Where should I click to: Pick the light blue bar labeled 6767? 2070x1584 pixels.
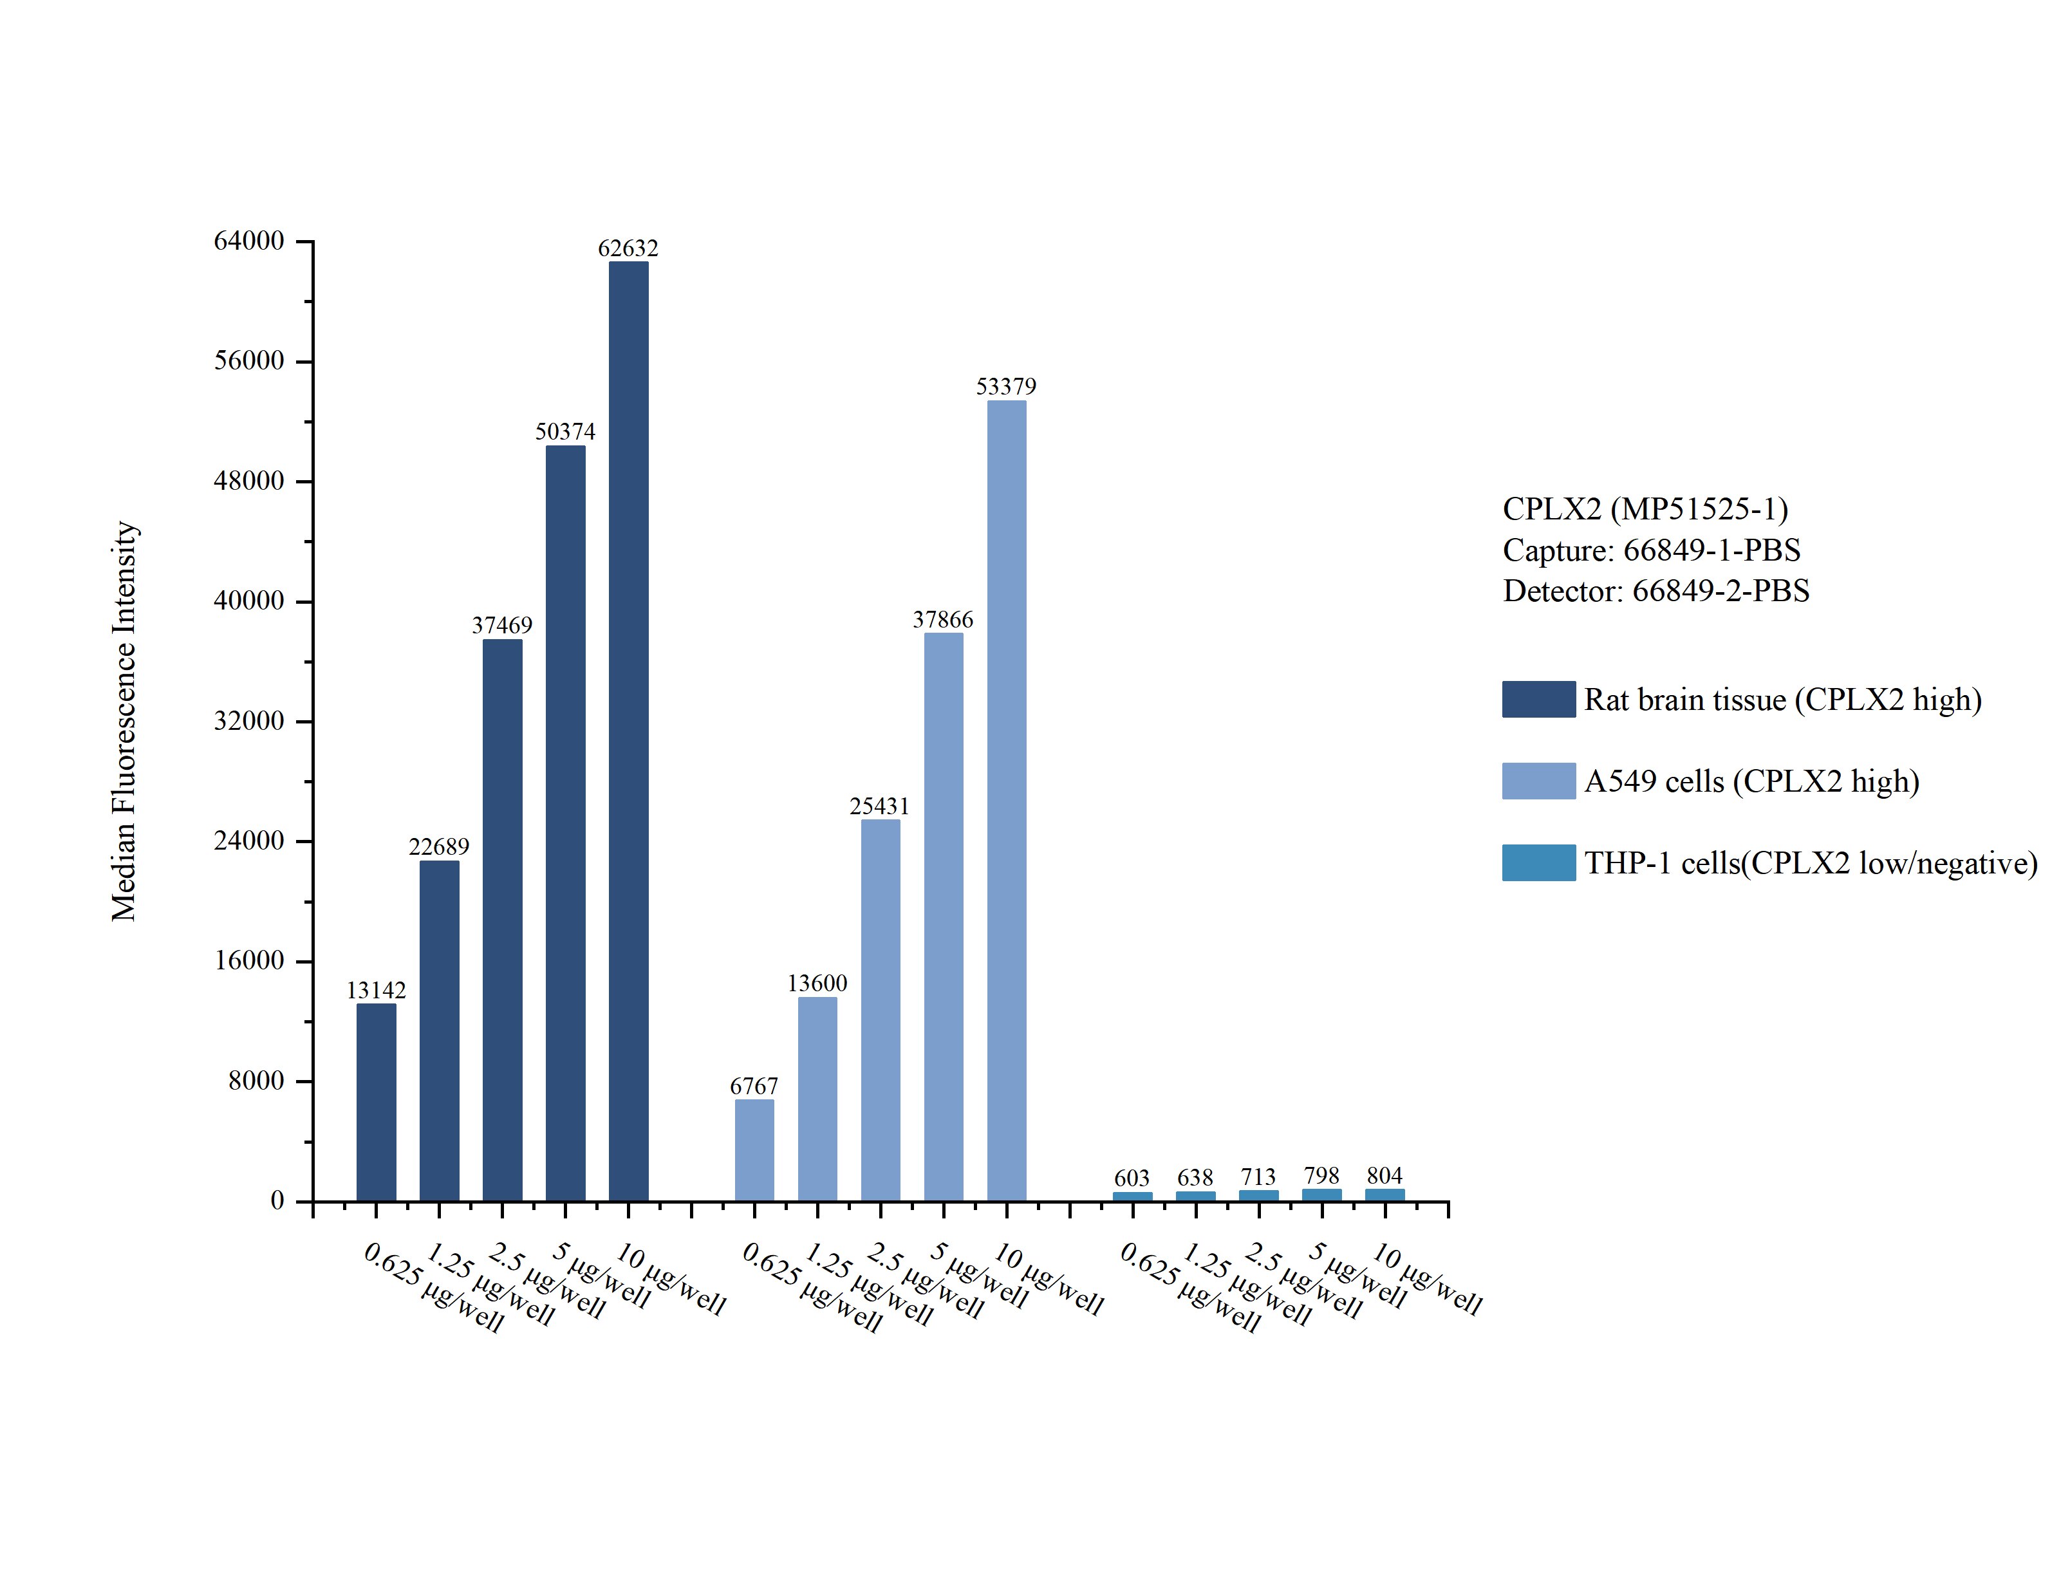coord(754,1150)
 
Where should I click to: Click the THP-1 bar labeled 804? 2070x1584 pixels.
coord(1384,1195)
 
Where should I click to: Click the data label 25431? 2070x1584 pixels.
coord(879,806)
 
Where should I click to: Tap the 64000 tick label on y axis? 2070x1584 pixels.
coord(249,241)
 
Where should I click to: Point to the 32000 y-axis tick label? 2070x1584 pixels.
coord(249,722)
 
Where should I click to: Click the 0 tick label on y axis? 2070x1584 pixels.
coord(277,1201)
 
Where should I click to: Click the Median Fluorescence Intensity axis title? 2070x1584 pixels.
coord(124,722)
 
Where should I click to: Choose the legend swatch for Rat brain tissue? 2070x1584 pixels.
coord(1538,700)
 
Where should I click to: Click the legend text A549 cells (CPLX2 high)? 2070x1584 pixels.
coord(1751,781)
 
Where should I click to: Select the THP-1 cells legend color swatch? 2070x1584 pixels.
coord(1538,862)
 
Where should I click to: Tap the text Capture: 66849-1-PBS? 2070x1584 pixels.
coord(1650,550)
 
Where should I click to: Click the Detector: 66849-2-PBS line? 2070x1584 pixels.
coord(1655,591)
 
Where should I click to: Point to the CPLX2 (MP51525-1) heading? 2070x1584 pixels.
coord(1645,509)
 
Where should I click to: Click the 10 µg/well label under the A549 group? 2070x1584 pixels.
coord(1049,1280)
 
